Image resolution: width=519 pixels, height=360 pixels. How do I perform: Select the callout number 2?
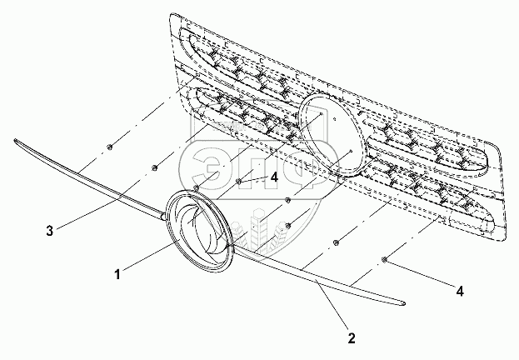[x=352, y=338]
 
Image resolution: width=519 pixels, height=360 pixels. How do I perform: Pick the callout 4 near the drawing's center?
[x=273, y=176]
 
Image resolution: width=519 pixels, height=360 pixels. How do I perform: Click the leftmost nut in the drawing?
[x=110, y=148]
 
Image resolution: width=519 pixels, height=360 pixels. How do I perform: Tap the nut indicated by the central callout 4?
[x=239, y=181]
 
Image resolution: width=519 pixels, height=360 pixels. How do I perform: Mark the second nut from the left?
[x=156, y=170]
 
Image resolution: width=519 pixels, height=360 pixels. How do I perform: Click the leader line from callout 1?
[x=150, y=258]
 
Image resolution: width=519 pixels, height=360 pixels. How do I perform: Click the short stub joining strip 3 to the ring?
[x=158, y=216]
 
